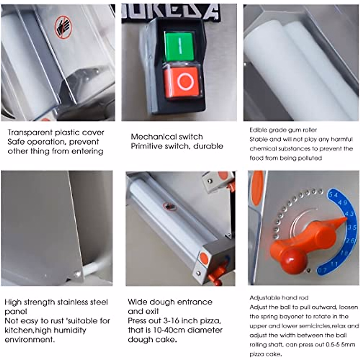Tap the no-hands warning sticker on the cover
coord(63,27)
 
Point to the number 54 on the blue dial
coord(333,195)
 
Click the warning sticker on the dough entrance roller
coord(170,206)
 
